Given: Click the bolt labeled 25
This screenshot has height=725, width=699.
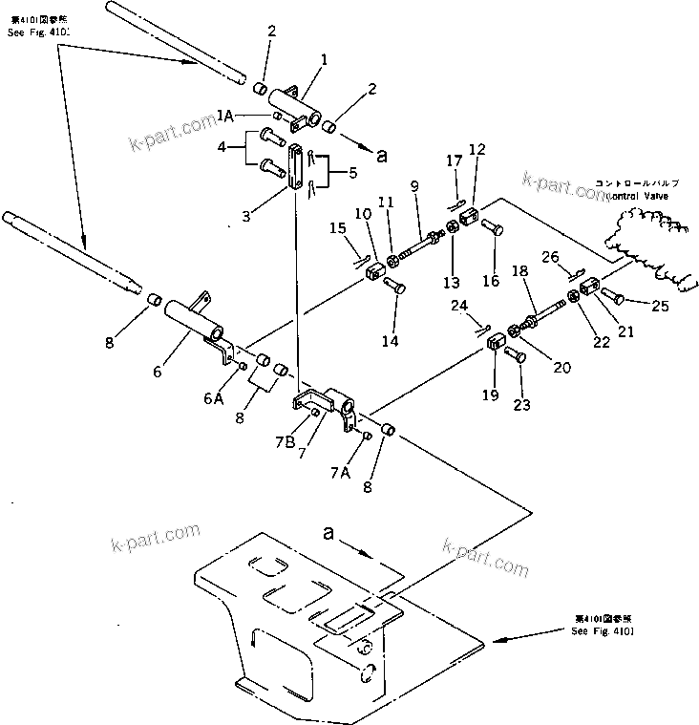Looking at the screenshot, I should pyautogui.click(x=612, y=295).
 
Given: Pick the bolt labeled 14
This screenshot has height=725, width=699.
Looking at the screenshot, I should pyautogui.click(x=392, y=284).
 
